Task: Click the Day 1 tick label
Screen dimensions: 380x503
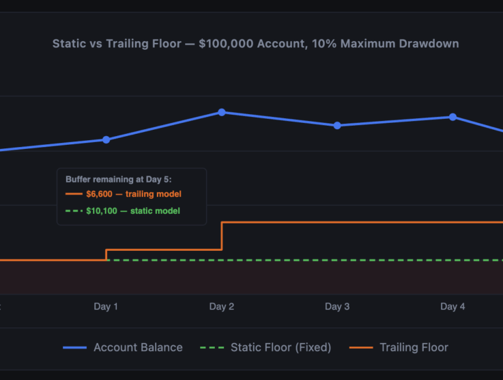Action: (106, 307)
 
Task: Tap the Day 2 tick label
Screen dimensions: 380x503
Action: (222, 307)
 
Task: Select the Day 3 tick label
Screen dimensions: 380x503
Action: (337, 307)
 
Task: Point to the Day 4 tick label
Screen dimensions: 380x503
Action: (452, 307)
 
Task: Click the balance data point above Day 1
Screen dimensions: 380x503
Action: (106, 139)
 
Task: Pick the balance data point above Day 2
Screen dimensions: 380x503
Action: (222, 112)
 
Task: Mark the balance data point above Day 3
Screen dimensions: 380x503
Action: (337, 126)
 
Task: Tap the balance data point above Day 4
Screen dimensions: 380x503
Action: (452, 117)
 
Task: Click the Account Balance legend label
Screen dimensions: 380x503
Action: (138, 347)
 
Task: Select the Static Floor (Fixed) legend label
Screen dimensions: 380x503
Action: (281, 347)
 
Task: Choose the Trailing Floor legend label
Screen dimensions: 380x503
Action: (414, 347)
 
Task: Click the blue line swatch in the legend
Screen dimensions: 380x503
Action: (74, 348)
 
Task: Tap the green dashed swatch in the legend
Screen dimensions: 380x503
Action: (212, 348)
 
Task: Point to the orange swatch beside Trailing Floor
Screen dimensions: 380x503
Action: (361, 348)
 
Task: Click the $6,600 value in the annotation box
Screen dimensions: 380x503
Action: (99, 195)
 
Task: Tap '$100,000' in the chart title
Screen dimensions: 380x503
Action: (225, 44)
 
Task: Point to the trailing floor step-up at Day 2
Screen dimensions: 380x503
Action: (222, 236)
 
